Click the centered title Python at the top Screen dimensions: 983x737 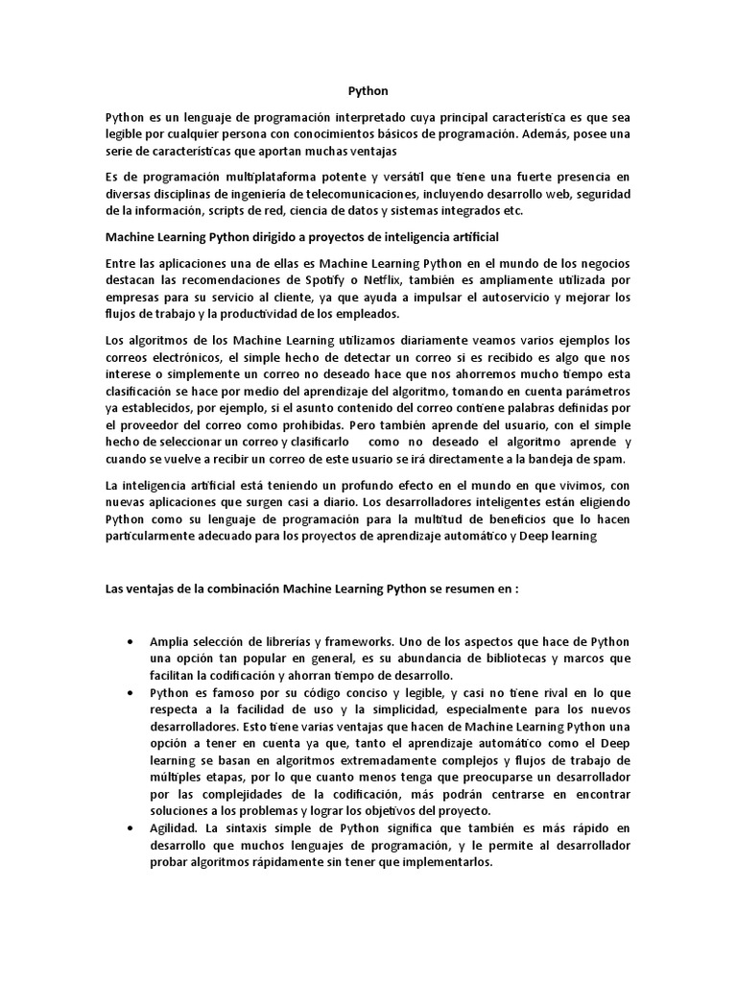point(368,92)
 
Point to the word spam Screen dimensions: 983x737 point(609,460)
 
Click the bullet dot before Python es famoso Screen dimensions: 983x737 point(130,692)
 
